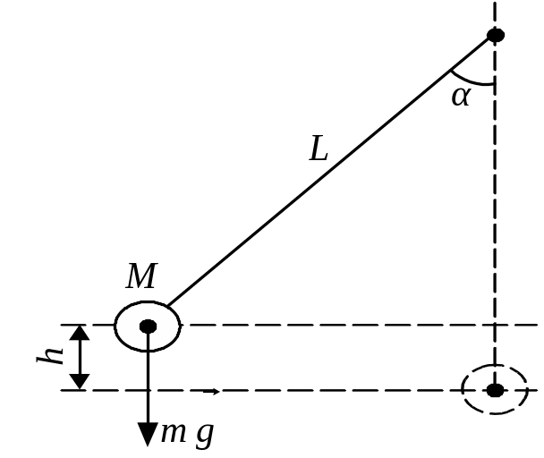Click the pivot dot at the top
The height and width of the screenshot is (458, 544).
click(496, 35)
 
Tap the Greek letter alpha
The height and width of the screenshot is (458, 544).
click(462, 96)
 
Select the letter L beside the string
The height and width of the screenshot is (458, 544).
click(319, 148)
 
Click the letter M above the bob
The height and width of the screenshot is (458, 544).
click(142, 276)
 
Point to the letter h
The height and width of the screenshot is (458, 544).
click(50, 354)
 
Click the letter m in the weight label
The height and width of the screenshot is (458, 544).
click(174, 433)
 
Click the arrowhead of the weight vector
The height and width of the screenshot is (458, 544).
click(149, 434)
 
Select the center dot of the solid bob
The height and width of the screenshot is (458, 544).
click(149, 327)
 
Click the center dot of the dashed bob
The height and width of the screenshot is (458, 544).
click(495, 390)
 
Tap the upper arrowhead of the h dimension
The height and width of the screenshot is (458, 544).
click(80, 333)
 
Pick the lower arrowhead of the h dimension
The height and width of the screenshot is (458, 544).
click(80, 382)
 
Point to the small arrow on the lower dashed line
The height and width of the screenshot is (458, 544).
click(211, 392)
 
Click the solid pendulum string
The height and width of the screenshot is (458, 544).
click(329, 172)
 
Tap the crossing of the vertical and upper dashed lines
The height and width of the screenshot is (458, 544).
click(495, 325)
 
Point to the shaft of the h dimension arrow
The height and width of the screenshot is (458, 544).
click(80, 358)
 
